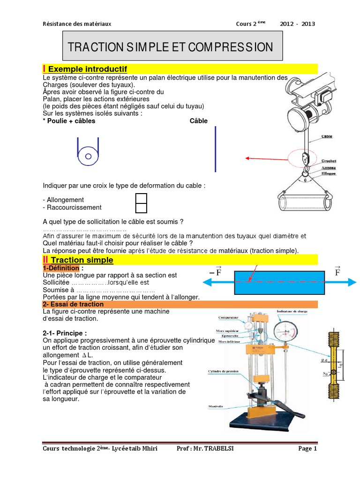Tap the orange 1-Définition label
pyautogui.click(x=62, y=268)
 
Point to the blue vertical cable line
pyautogui.click(x=215, y=149)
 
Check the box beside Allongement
pyautogui.click(x=141, y=198)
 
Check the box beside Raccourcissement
pyautogui.click(x=141, y=207)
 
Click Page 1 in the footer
pyautogui.click(x=307, y=449)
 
